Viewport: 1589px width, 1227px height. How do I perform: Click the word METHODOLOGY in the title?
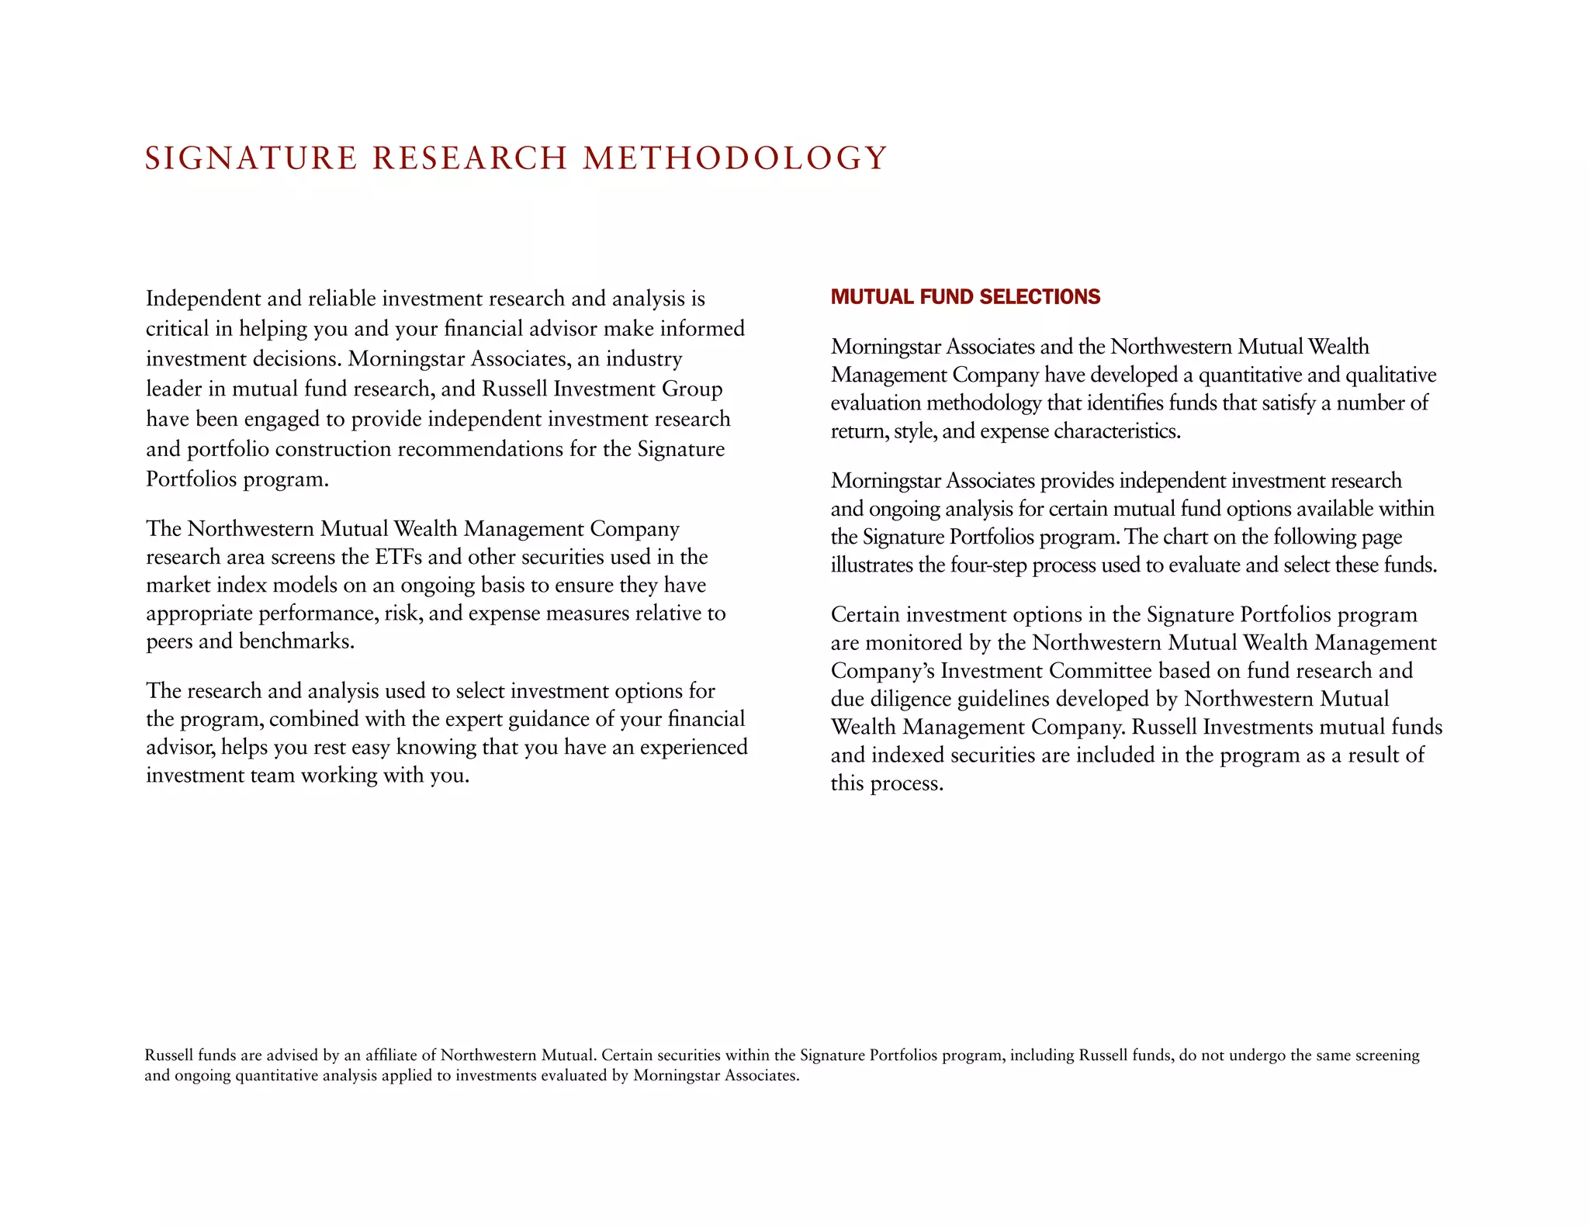pyautogui.click(x=734, y=158)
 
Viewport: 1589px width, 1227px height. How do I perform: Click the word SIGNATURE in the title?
pyautogui.click(x=251, y=158)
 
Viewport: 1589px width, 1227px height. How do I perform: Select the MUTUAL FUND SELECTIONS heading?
pyautogui.click(x=965, y=297)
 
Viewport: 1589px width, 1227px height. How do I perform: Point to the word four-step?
pyautogui.click(x=990, y=565)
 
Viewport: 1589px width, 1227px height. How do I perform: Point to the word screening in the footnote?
pyautogui.click(x=1387, y=1056)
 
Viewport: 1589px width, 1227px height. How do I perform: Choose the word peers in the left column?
pyautogui.click(x=169, y=641)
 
